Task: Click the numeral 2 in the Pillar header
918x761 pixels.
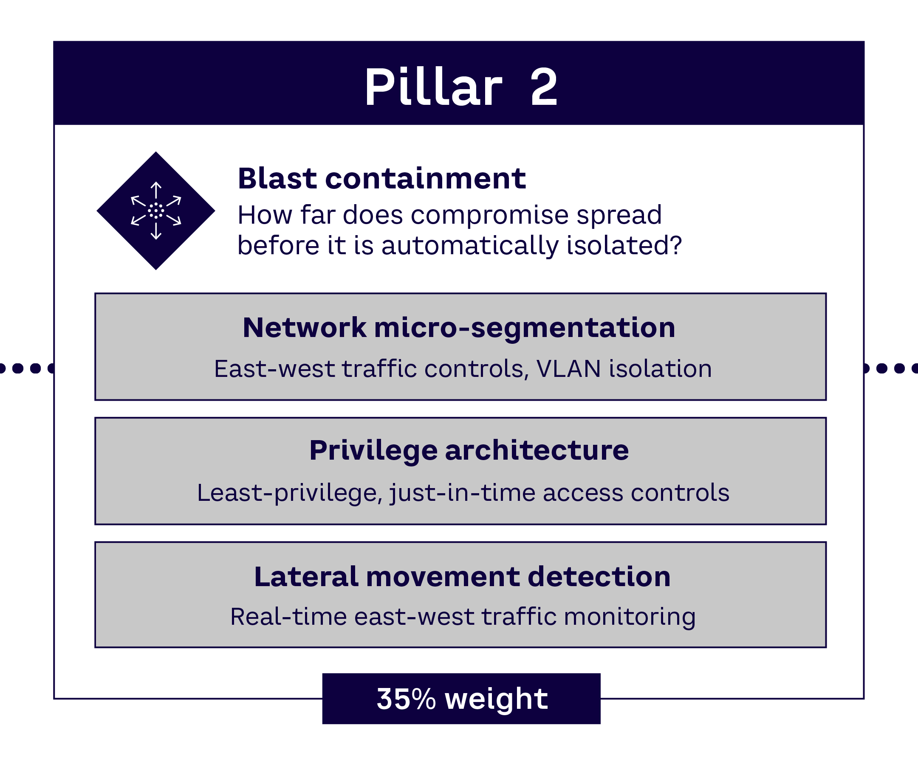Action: (544, 87)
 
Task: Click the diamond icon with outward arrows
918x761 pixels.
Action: (155, 211)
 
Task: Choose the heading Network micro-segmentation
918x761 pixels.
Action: (459, 328)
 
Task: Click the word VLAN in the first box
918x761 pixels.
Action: (568, 369)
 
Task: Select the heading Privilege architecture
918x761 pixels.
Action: (469, 450)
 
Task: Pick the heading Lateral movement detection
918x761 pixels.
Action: (462, 577)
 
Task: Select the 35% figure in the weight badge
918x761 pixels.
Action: (406, 699)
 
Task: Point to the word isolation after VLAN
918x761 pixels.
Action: (660, 369)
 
